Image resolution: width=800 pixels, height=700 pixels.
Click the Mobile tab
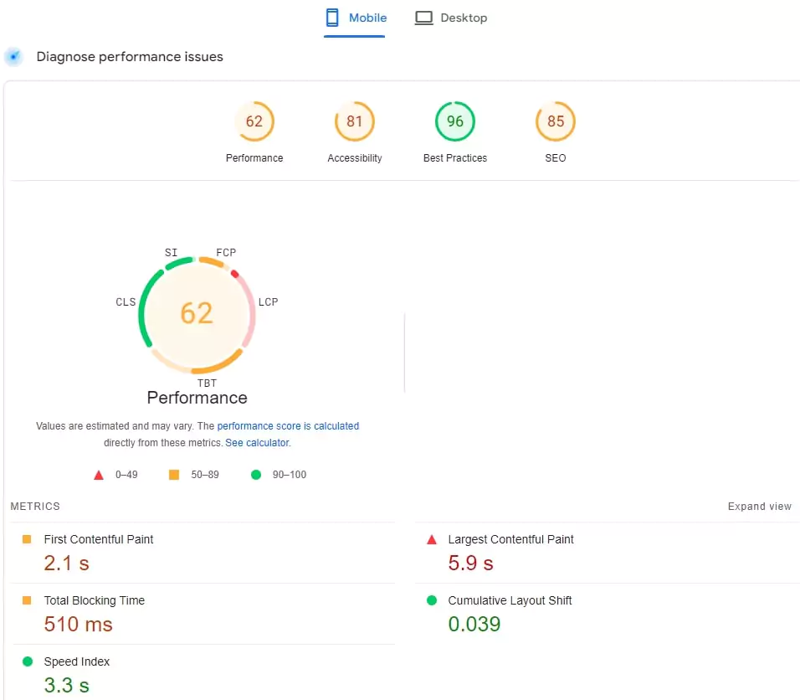(x=356, y=18)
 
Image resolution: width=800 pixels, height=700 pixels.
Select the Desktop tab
(x=451, y=18)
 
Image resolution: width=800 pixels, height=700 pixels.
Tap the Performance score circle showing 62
(x=254, y=121)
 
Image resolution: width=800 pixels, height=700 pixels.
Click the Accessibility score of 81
(x=355, y=121)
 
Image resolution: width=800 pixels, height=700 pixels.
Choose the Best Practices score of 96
(x=455, y=121)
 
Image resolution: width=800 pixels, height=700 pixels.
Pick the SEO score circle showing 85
(x=556, y=121)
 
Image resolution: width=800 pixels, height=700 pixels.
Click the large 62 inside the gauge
(x=197, y=313)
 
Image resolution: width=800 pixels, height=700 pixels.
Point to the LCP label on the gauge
(x=268, y=301)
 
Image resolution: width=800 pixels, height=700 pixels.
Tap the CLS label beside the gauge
(x=126, y=301)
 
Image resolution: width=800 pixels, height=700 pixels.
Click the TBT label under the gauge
(x=207, y=383)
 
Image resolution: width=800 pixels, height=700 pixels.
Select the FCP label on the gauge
(x=226, y=252)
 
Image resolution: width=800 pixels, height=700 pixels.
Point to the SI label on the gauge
(x=171, y=252)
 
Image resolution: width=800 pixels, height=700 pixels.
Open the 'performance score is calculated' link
(x=288, y=426)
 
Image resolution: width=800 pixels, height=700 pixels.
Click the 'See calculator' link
(x=257, y=443)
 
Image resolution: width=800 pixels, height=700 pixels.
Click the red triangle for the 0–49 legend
(x=99, y=475)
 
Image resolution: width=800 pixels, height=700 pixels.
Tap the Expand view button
(x=759, y=507)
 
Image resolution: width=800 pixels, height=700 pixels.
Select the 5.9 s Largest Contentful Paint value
(x=470, y=564)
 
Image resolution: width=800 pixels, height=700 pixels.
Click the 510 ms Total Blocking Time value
(x=78, y=625)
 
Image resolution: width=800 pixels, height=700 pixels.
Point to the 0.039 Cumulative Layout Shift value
(x=474, y=625)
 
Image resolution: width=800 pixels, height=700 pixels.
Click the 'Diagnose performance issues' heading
(x=130, y=57)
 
